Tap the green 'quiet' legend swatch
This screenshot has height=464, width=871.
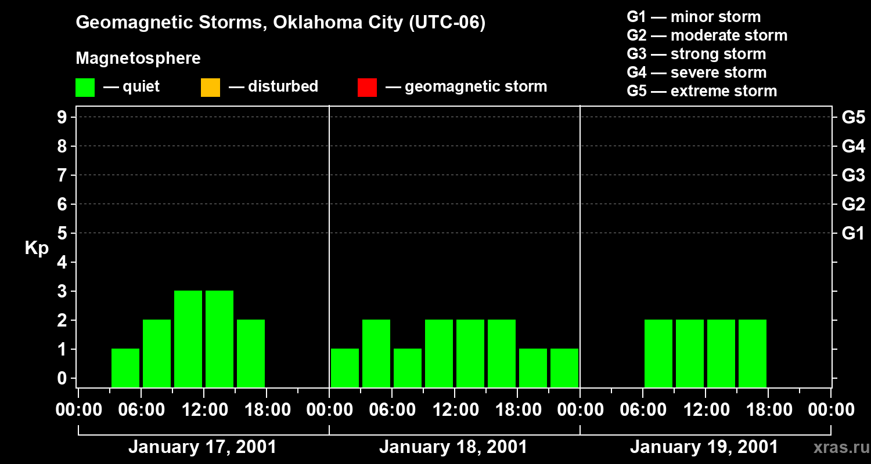(85, 87)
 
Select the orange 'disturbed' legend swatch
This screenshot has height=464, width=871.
(210, 87)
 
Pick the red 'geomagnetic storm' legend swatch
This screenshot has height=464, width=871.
(367, 87)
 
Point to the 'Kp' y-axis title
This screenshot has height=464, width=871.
(37, 248)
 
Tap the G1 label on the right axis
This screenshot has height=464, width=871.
(853, 233)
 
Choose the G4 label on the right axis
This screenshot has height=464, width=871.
(853, 146)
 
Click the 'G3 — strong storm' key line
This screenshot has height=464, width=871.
(696, 54)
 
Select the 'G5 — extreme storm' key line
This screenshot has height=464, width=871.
(701, 91)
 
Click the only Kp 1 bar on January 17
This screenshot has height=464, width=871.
(125, 368)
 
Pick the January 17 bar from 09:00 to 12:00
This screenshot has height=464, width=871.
(188, 339)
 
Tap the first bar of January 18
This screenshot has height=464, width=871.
(345, 368)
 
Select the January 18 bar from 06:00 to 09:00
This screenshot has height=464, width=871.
(408, 368)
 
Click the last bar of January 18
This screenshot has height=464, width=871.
(564, 368)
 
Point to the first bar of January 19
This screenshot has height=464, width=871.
(658, 353)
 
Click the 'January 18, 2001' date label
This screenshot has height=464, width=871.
(453, 447)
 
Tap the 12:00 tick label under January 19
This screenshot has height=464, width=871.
(705, 410)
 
